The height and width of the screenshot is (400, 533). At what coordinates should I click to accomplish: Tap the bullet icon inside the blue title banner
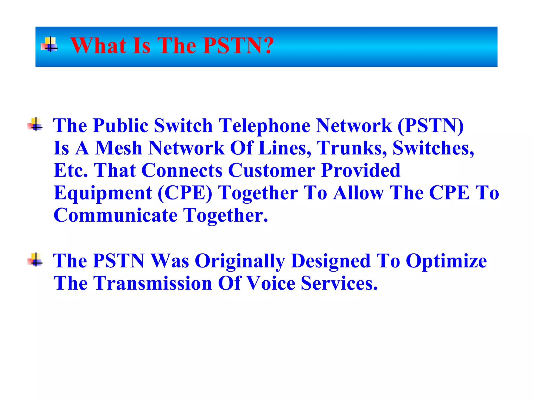coord(49,45)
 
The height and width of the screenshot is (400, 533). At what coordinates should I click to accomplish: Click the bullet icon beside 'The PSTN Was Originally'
coord(35,260)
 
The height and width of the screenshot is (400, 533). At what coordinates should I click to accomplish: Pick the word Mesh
coord(118,148)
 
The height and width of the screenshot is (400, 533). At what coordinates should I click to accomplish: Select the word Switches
coord(433,148)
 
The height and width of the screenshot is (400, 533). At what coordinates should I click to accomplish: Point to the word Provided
coord(361,171)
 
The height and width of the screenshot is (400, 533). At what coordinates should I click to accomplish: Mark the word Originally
coord(240,261)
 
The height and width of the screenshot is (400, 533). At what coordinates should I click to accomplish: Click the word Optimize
coord(446,261)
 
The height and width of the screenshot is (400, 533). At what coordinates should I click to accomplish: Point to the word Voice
coord(270,283)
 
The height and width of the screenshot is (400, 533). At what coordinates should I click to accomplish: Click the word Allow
coord(358,193)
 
